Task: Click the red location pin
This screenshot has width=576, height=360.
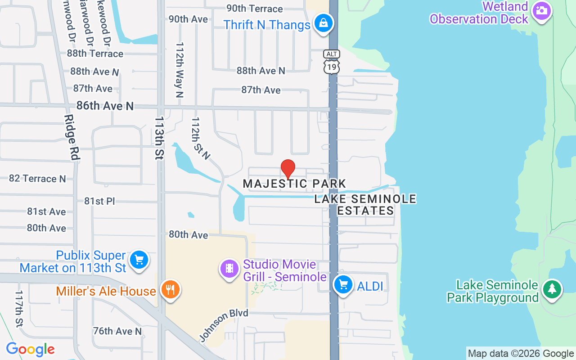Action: pos(288,169)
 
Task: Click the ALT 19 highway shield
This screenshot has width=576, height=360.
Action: pos(332,62)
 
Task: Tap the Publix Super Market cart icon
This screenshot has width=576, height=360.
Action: pos(139,260)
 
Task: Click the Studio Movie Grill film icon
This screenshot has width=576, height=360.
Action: pos(229,269)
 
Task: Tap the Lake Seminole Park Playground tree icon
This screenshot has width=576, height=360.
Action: pos(552,289)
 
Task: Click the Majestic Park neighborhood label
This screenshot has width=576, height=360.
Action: pos(294,184)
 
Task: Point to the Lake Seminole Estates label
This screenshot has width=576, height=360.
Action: pos(365,205)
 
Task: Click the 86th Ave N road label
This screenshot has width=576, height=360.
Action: pos(105,106)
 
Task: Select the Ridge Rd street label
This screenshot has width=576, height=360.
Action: pos(72,137)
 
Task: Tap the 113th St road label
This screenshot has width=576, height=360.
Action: pos(159,138)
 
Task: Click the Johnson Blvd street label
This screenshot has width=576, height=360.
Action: pos(224,326)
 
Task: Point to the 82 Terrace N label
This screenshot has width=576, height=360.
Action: pos(37,179)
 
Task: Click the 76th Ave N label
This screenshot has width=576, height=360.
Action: pos(117,331)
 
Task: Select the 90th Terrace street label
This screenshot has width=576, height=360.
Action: pos(254,9)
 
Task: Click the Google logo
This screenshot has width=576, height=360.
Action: pos(30,349)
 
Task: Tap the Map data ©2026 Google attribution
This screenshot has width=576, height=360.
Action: pos(521,354)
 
